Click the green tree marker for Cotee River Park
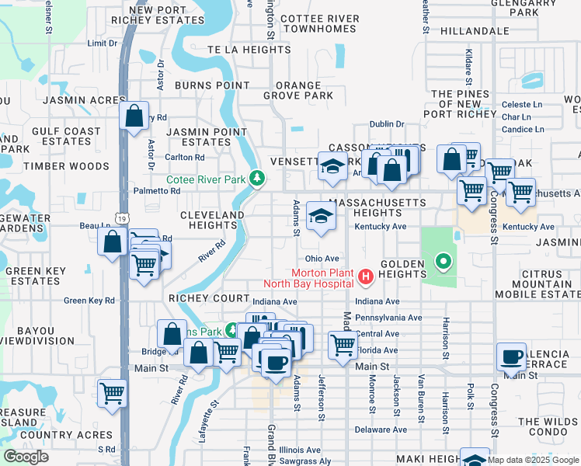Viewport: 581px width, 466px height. [257, 179]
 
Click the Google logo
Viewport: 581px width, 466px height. [26, 456]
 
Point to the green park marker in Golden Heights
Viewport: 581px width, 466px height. [443, 262]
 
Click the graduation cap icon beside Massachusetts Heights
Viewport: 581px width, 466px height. [320, 216]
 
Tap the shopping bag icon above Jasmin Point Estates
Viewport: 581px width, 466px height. [134, 116]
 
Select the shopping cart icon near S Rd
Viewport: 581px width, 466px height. [113, 393]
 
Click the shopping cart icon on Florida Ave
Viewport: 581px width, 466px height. [343, 344]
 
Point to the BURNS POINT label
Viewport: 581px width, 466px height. [210, 85]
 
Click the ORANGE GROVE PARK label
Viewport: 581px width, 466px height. [297, 91]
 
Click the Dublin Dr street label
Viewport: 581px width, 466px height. [387, 123]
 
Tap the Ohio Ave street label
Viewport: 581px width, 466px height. [322, 258]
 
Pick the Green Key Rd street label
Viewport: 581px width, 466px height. [89, 301]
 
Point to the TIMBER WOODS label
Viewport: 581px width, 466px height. [66, 166]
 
